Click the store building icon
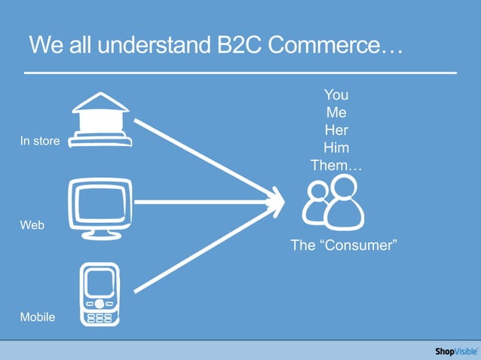click(x=100, y=120)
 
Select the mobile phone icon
click(x=100, y=294)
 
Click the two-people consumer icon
click(x=333, y=203)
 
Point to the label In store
click(x=40, y=141)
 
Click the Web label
click(x=32, y=225)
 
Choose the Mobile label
click(x=38, y=317)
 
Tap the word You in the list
click(x=336, y=95)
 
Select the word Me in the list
click(x=336, y=112)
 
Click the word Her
click(x=336, y=130)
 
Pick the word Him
click(x=336, y=148)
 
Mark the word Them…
click(x=336, y=166)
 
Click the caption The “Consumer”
click(x=344, y=246)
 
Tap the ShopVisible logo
click(x=455, y=351)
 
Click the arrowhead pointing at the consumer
click(x=276, y=202)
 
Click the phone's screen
click(x=100, y=283)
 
